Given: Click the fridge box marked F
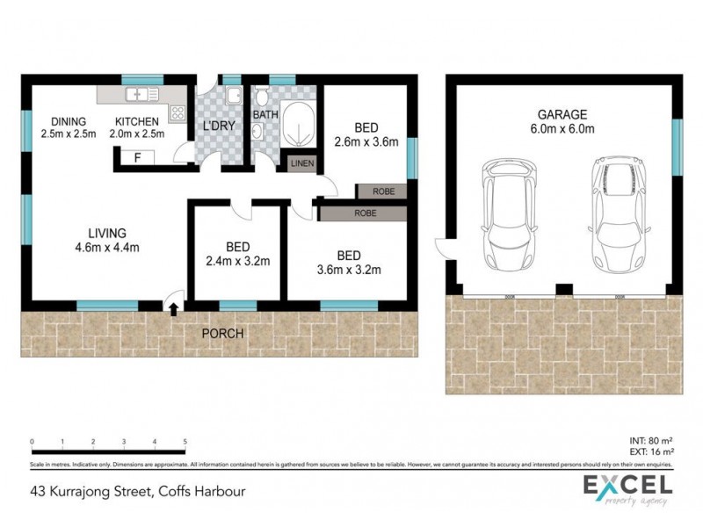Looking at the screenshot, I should [x=137, y=158].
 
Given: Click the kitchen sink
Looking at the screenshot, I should [x=140, y=94].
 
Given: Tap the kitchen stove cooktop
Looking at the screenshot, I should [x=177, y=112].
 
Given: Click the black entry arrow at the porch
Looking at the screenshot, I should [x=173, y=308].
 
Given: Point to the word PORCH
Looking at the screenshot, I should [x=222, y=334].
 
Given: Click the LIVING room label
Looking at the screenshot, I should [x=106, y=233].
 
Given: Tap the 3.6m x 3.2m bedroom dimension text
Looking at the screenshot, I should [x=349, y=270].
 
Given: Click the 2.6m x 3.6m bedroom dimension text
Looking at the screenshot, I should [x=366, y=141].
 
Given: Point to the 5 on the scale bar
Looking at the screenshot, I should [x=185, y=441].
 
